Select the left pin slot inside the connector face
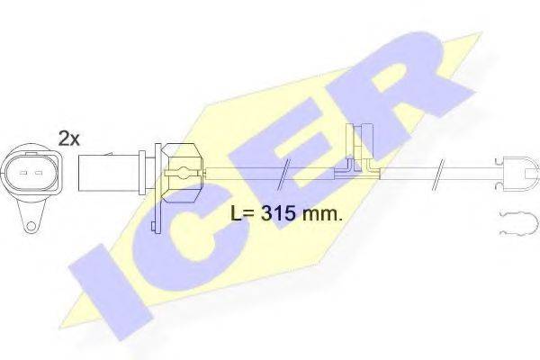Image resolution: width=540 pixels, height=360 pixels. click(x=22, y=167)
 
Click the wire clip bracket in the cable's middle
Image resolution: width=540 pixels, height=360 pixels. click(x=357, y=153)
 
